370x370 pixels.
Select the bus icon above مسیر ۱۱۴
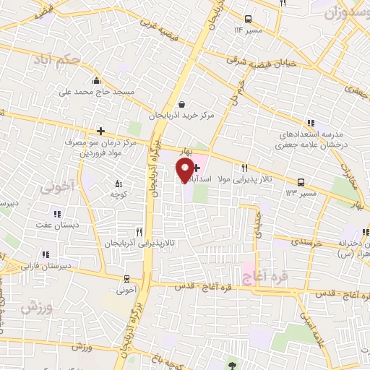248,20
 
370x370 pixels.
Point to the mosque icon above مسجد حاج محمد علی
96,80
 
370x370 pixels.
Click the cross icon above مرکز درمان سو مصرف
100,131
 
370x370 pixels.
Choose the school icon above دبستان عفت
57,213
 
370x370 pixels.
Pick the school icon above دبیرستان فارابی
46,254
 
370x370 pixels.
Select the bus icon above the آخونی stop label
127,279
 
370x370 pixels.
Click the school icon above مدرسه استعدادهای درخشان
310,122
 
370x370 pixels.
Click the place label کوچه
119,194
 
